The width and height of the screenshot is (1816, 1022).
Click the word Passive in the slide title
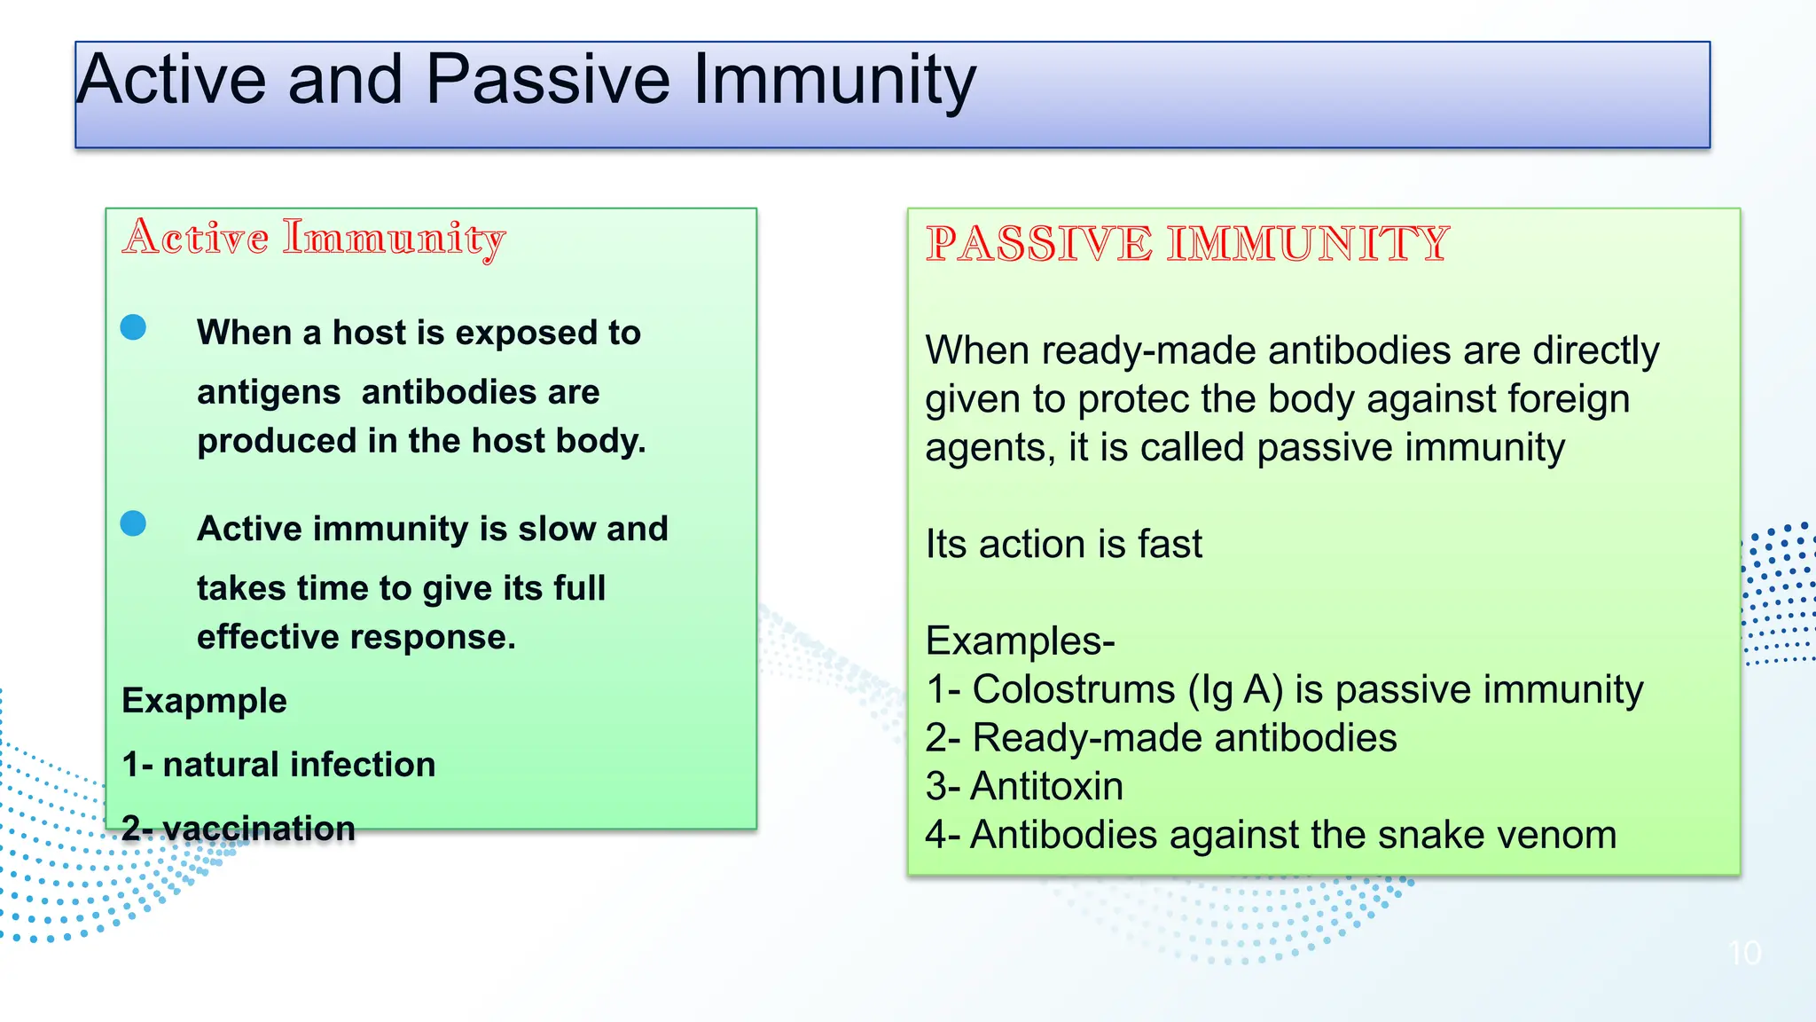[x=547, y=80]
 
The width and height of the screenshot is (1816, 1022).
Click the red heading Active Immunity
[x=314, y=238]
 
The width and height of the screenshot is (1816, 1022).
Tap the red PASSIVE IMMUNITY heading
[x=1186, y=244]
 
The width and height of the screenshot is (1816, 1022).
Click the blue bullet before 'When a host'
[x=133, y=327]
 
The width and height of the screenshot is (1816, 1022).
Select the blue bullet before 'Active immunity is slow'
[x=133, y=523]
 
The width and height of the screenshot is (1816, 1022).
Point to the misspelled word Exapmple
[x=204, y=701]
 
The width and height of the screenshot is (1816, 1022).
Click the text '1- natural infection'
[x=278, y=765]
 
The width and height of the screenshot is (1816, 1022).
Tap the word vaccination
[x=259, y=829]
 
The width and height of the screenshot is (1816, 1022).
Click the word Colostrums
[x=1073, y=690]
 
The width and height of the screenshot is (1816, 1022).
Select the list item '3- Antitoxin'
[x=1024, y=787]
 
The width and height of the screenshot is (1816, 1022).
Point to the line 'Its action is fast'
[x=1063, y=545]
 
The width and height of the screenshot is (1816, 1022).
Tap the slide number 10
[x=1744, y=954]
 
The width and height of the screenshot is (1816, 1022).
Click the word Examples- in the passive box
[x=1020, y=641]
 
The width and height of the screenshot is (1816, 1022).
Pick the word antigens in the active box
[x=269, y=393]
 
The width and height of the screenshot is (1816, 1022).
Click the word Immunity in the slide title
[x=834, y=80]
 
